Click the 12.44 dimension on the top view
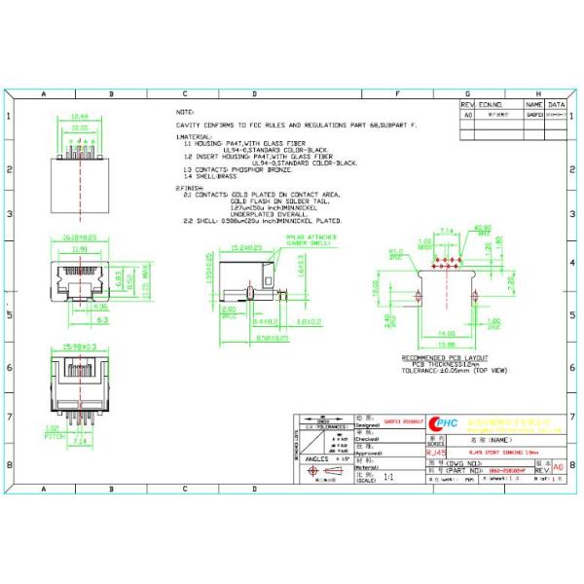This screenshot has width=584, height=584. (x=80, y=117)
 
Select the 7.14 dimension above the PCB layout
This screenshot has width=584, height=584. (x=449, y=231)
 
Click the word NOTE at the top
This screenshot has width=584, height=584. (x=184, y=112)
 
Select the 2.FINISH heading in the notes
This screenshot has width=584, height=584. (x=190, y=187)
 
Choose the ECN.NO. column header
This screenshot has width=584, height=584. (x=491, y=103)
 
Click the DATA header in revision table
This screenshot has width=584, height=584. (x=556, y=103)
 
